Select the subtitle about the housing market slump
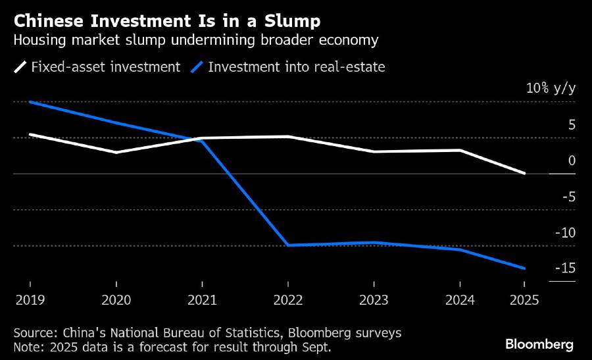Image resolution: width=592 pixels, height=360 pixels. pyautogui.click(x=196, y=41)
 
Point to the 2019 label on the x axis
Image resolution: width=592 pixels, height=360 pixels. pyautogui.click(x=30, y=300)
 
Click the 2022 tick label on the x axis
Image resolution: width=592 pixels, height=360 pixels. pyautogui.click(x=287, y=300)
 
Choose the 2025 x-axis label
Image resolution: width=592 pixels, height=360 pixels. pyautogui.click(x=524, y=300)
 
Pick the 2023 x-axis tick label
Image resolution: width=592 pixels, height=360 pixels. pyautogui.click(x=373, y=300)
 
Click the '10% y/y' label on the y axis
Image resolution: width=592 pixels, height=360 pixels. pyautogui.click(x=551, y=89)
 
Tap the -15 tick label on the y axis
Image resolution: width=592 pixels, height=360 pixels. pyautogui.click(x=565, y=268)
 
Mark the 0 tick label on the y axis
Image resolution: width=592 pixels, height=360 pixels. pyautogui.click(x=572, y=160)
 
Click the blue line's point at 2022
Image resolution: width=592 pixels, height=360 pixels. pyautogui.click(x=287, y=245)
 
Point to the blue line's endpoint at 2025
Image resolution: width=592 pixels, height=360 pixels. pyautogui.click(x=524, y=269)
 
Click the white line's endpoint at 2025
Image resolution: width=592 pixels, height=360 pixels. pyautogui.click(x=524, y=173)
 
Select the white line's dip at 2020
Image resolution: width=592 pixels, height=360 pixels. pyautogui.click(x=116, y=152)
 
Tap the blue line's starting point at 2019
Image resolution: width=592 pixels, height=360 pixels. pyautogui.click(x=30, y=102)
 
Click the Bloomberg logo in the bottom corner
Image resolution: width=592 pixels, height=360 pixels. pyautogui.click(x=539, y=344)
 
